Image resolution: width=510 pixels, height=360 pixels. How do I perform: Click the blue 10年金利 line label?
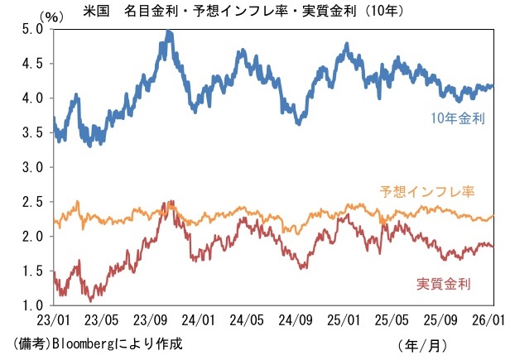tap(457, 119)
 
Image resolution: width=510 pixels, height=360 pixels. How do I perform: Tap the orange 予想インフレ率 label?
tap(426, 192)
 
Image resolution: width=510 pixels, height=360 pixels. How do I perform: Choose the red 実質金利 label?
tap(442, 285)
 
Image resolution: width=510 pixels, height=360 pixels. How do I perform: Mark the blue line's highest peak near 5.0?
tap(169, 31)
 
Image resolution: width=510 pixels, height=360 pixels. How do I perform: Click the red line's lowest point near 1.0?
tap(89, 300)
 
